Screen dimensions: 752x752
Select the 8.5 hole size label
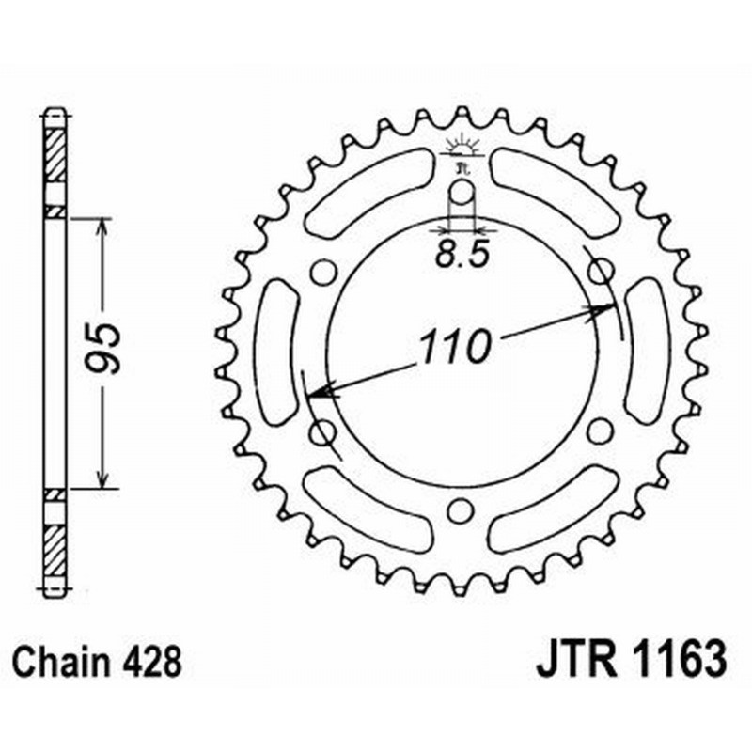pyautogui.click(x=462, y=257)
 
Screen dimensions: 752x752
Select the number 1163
pyautogui.click(x=677, y=662)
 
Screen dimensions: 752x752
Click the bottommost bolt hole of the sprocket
pyautogui.click(x=460, y=511)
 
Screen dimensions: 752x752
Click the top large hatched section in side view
pyautogui.click(x=57, y=154)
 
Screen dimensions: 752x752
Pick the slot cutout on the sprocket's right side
pyautogui.click(x=646, y=351)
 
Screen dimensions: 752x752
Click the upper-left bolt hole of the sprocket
pyautogui.click(x=321, y=273)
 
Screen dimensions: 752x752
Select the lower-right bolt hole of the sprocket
pyautogui.click(x=598, y=431)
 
